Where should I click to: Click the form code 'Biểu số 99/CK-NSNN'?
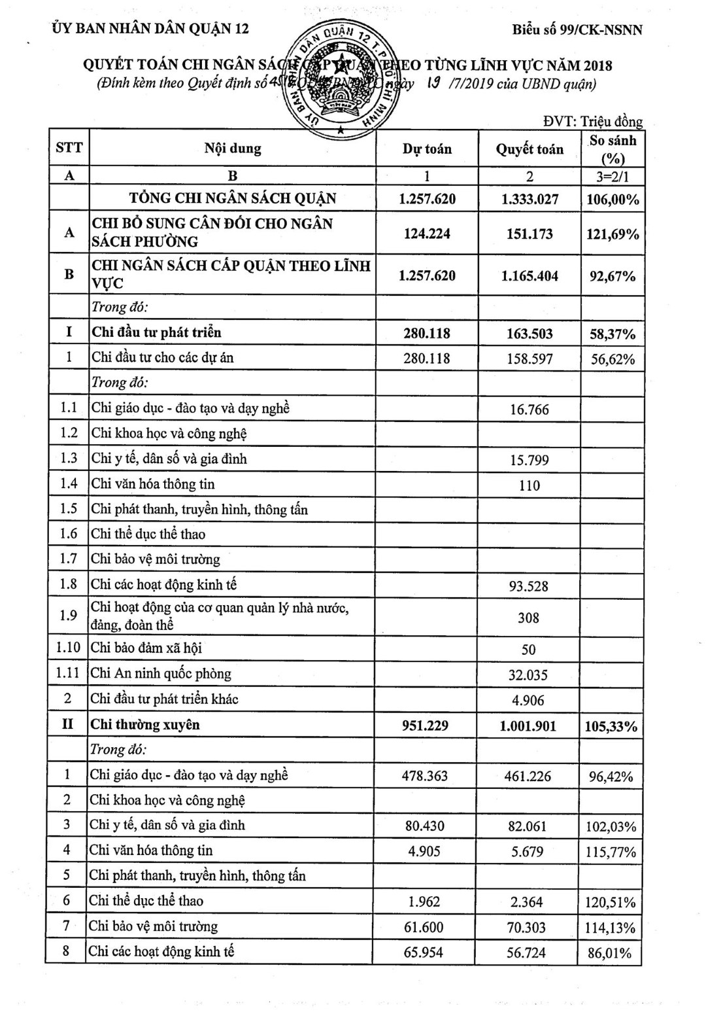click(577, 29)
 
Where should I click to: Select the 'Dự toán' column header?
click(427, 149)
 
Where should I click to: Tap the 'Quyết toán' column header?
click(529, 149)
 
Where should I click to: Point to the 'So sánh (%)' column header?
click(613, 149)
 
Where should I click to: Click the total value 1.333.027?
click(529, 199)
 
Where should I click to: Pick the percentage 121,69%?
click(613, 234)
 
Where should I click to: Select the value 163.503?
click(529, 334)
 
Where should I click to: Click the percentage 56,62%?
click(613, 359)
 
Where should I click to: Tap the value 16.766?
click(529, 410)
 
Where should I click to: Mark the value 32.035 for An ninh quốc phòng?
click(528, 675)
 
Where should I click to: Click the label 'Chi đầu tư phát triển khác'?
click(164, 699)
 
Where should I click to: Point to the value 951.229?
click(426, 726)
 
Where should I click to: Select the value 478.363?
click(425, 776)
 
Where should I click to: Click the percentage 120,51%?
click(611, 903)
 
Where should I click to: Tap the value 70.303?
click(527, 928)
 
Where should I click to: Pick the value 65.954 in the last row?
click(424, 953)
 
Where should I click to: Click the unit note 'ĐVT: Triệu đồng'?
click(593, 121)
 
